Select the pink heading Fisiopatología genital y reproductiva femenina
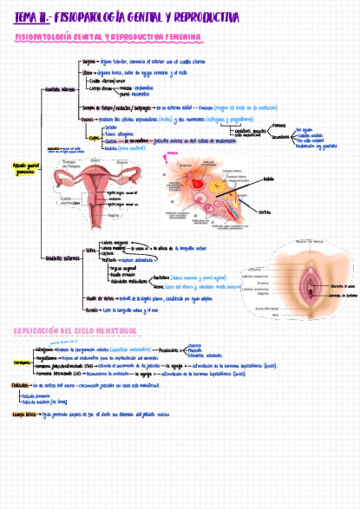click(x=108, y=38)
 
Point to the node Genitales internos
click(x=59, y=89)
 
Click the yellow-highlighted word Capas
click(x=94, y=137)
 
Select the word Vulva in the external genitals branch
click(x=91, y=249)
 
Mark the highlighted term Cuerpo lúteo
click(x=23, y=414)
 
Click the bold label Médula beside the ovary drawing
click(x=266, y=178)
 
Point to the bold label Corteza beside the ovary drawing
click(x=265, y=212)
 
